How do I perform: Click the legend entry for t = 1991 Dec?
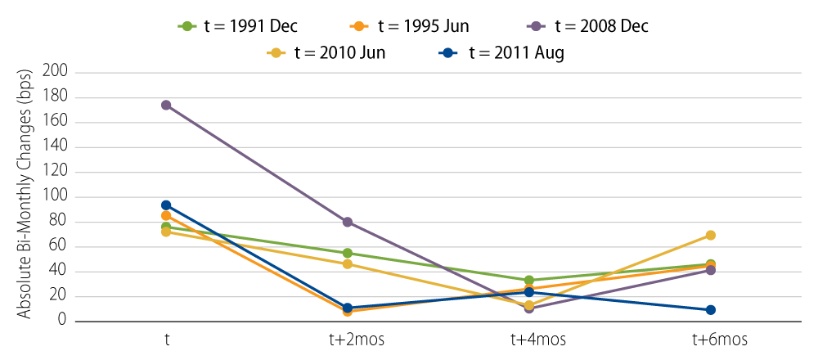pyautogui.click(x=238, y=26)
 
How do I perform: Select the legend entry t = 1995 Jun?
pyautogui.click(x=417, y=26)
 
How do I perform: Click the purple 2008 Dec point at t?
pyautogui.click(x=166, y=105)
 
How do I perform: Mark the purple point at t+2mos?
pyautogui.click(x=348, y=222)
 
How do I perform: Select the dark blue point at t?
pyautogui.click(x=166, y=205)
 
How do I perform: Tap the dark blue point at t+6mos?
pyautogui.click(x=710, y=310)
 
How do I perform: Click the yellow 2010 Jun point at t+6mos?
pyautogui.click(x=710, y=235)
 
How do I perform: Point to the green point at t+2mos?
pyautogui.click(x=348, y=253)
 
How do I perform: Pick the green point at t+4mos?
pyautogui.click(x=529, y=280)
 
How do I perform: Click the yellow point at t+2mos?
pyautogui.click(x=348, y=263)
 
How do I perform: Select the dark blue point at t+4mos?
pyautogui.click(x=529, y=292)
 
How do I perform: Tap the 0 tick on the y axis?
pyautogui.click(x=62, y=322)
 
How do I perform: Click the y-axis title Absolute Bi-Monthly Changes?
pyautogui.click(x=25, y=196)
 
